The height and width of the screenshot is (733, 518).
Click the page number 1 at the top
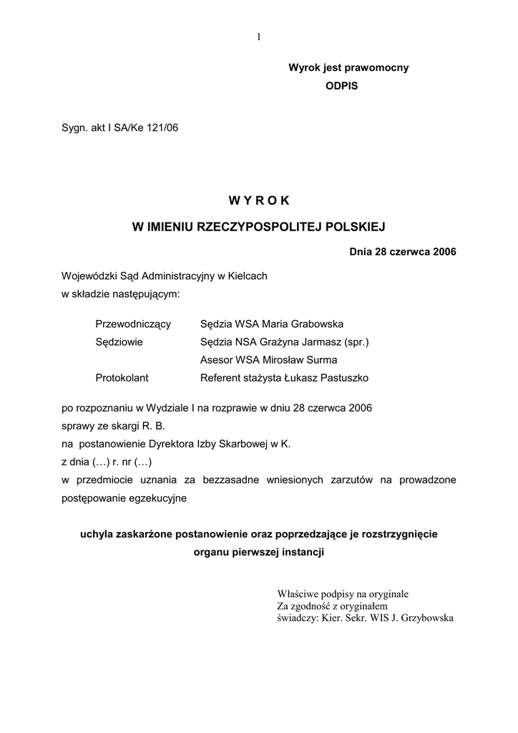[258, 37]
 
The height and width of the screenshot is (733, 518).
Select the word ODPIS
[341, 85]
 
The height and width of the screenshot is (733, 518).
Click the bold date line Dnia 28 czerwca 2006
[403, 251]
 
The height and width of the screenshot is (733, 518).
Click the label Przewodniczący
[133, 324]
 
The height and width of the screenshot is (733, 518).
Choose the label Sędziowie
[119, 342]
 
